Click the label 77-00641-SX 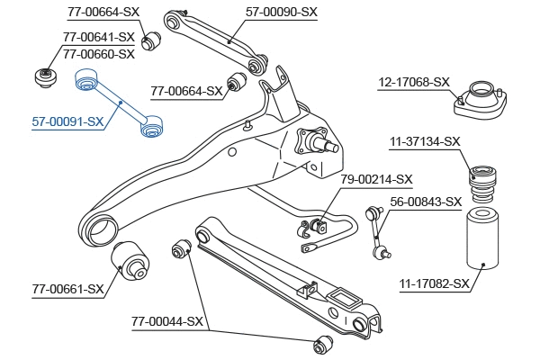point(98,38)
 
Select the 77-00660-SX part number point(98,53)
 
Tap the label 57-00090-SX point(282,12)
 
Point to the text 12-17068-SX point(413,82)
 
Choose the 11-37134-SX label point(425,141)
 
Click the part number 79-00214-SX point(376,179)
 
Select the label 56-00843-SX point(425,202)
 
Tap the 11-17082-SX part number point(435,284)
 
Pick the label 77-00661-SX point(67,290)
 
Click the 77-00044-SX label point(167,321)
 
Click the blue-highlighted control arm point(118,103)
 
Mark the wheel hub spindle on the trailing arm point(321,141)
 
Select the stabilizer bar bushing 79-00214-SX point(317,224)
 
